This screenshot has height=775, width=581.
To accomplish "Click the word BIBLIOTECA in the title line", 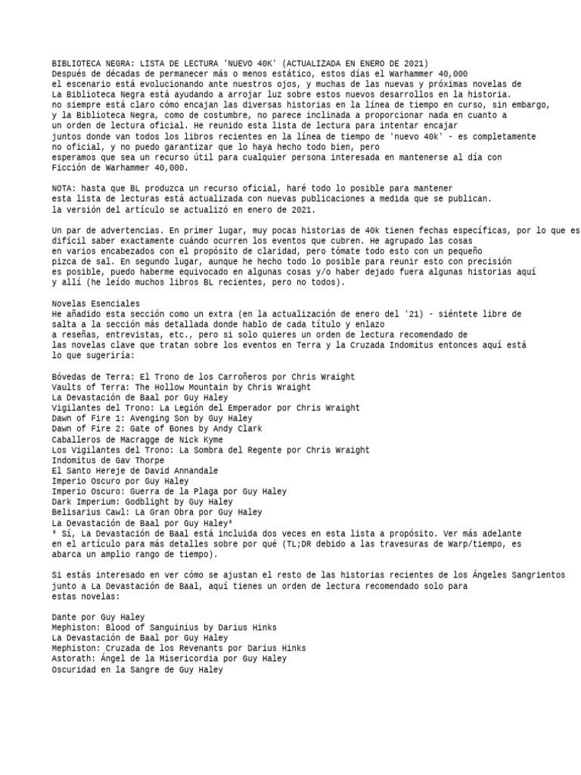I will coord(76,63).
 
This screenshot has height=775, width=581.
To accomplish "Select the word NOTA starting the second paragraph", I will coord(63,188).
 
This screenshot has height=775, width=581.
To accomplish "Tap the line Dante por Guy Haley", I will coord(98,617).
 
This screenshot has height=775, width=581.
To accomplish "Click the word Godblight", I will coord(146,502).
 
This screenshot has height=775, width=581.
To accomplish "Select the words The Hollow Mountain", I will coord(188,387).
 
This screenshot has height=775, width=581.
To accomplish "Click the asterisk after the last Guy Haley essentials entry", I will coord(229,522).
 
